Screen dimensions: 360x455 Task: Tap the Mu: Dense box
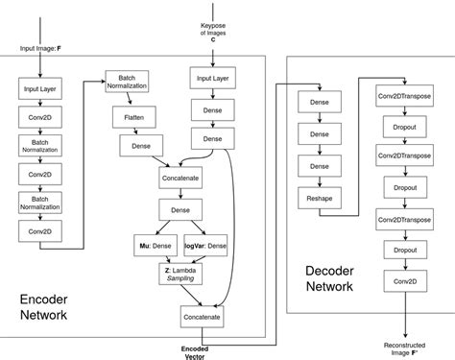tap(155, 247)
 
